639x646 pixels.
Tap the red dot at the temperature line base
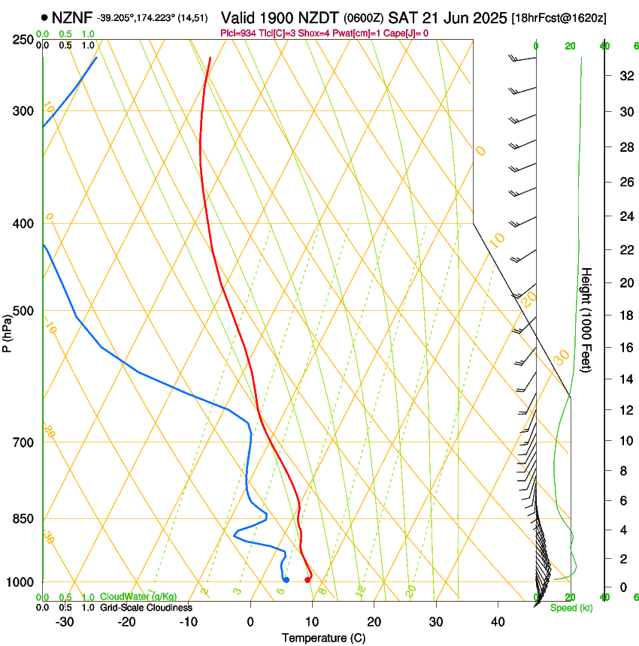[x=307, y=579]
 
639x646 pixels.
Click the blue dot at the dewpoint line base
[x=286, y=579]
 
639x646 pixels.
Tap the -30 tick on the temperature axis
[x=65, y=622]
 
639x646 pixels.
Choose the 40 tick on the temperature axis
[x=498, y=622]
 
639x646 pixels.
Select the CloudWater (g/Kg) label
[x=138, y=597]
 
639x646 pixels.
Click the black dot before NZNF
[x=45, y=17]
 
